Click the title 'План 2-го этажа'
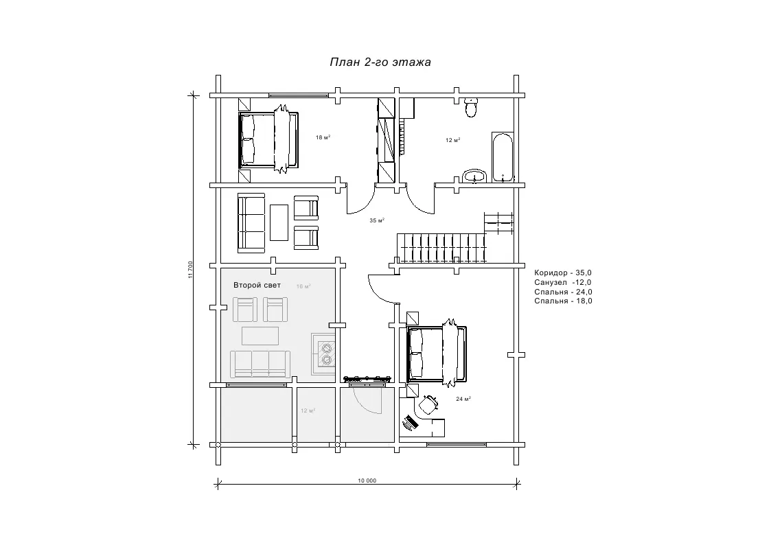pos(380,62)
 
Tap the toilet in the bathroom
pos(471,107)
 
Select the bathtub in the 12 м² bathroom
pos(502,156)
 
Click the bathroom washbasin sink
pos(474,176)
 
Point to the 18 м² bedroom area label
pos(323,137)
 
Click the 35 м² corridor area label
pos(377,220)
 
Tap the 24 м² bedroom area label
pos(463,399)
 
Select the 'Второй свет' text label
pos(257,285)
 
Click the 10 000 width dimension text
pos(367,480)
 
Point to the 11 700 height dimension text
pos(190,270)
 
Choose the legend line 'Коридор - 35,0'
pos(563,272)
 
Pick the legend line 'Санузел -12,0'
pos(563,283)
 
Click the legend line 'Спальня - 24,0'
pos(563,292)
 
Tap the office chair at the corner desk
pos(428,404)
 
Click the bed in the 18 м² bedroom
pos(268,139)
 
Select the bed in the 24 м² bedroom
pos(436,353)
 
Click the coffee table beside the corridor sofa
pos(279,222)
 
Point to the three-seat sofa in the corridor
pos(251,223)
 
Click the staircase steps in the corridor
pos(441,248)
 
